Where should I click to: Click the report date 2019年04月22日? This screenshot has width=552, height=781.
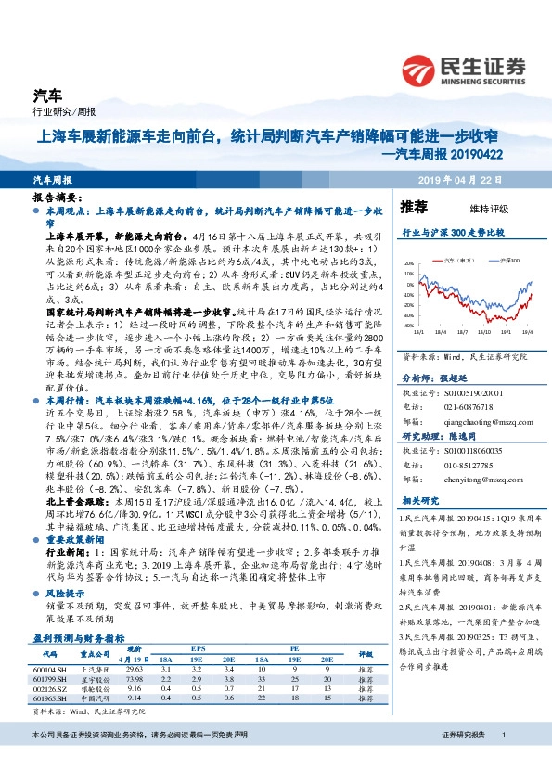(x=478, y=179)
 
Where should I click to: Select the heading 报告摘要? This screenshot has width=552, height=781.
(x=58, y=198)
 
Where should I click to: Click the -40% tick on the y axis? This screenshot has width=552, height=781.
(x=408, y=326)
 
